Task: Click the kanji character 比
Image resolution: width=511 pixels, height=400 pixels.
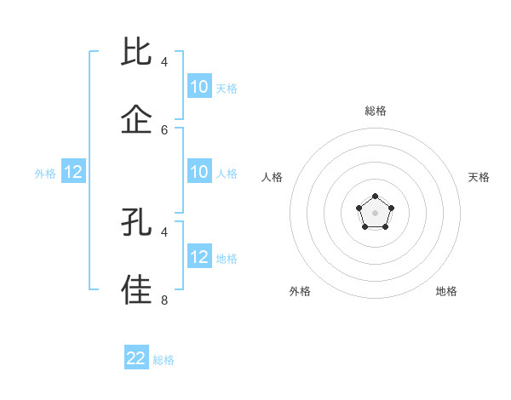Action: pyautogui.click(x=136, y=53)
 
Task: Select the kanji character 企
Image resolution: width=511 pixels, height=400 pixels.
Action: pyautogui.click(x=136, y=119)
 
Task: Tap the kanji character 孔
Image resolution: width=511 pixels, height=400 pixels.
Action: pyautogui.click(x=136, y=223)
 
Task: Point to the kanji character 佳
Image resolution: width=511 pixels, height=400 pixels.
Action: pyautogui.click(x=136, y=289)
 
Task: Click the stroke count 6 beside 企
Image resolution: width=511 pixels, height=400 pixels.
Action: pyautogui.click(x=164, y=129)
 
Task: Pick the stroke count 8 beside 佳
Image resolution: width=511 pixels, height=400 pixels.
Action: pyautogui.click(x=164, y=300)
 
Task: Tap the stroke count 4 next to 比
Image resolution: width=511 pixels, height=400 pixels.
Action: pyautogui.click(x=164, y=62)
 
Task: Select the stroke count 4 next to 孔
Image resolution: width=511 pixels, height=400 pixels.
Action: pyautogui.click(x=164, y=231)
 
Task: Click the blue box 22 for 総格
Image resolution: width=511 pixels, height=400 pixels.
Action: pyautogui.click(x=136, y=358)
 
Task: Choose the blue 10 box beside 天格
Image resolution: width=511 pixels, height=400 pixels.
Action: pyautogui.click(x=199, y=87)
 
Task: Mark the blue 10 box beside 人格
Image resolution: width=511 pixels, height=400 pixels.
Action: pyautogui.click(x=199, y=173)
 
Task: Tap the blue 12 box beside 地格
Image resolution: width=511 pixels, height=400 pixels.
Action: pyautogui.click(x=199, y=257)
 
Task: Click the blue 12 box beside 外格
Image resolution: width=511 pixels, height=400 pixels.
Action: pyautogui.click(x=73, y=173)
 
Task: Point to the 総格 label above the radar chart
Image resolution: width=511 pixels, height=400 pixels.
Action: pyautogui.click(x=376, y=111)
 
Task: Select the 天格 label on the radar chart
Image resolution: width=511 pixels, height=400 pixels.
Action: pyautogui.click(x=479, y=177)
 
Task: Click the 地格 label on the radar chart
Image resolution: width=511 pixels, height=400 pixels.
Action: pyautogui.click(x=446, y=291)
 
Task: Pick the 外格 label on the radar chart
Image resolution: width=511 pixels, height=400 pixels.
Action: pyautogui.click(x=300, y=291)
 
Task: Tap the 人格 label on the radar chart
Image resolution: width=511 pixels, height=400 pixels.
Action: pyautogui.click(x=273, y=177)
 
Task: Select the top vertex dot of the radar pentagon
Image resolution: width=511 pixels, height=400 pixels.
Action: pyautogui.click(x=375, y=197)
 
